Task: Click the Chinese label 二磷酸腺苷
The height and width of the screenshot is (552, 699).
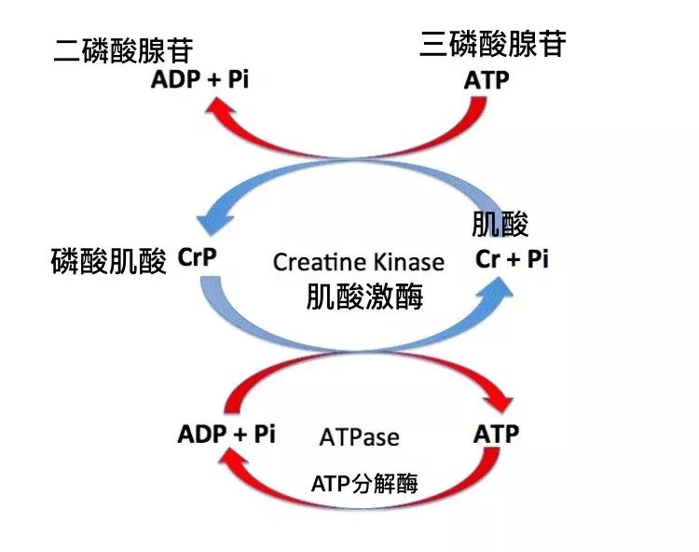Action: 128,48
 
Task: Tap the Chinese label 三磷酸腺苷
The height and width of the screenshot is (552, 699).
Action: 492,44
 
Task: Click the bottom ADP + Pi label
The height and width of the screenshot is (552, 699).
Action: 226,434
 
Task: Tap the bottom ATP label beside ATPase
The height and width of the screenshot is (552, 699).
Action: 496,434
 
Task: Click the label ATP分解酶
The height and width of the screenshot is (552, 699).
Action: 364,483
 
